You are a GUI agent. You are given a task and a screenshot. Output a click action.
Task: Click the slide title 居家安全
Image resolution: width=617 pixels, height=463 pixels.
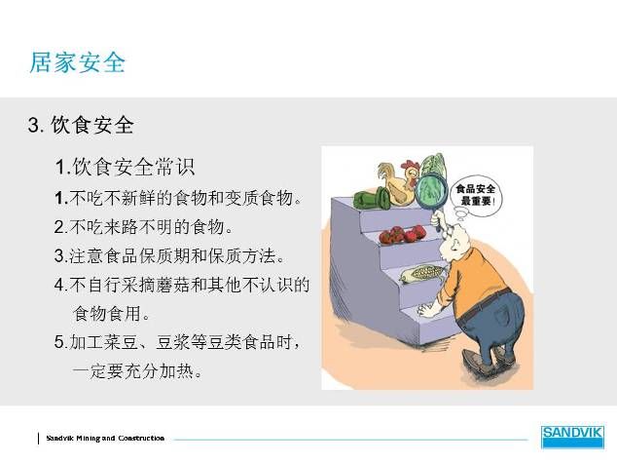(x=78, y=62)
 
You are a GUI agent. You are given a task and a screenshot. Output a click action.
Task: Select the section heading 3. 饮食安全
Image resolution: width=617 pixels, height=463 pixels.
(x=81, y=125)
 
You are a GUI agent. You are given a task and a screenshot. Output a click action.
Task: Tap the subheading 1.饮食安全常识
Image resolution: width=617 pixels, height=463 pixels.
(x=125, y=167)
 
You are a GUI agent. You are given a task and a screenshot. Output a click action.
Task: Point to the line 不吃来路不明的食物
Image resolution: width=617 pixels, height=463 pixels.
(x=143, y=227)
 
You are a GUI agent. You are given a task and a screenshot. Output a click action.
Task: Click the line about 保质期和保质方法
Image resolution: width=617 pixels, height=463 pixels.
(x=169, y=255)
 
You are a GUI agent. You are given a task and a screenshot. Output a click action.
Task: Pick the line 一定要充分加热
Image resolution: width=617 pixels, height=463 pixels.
(x=137, y=370)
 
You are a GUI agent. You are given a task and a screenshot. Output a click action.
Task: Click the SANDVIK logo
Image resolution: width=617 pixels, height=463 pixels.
(x=572, y=437)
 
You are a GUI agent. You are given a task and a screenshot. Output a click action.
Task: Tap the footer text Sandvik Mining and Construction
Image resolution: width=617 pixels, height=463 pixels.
(x=105, y=439)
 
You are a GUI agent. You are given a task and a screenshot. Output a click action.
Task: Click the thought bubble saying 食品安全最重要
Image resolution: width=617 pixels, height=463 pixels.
(x=475, y=197)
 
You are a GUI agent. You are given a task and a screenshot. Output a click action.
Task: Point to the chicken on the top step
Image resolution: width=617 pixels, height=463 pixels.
(x=398, y=182)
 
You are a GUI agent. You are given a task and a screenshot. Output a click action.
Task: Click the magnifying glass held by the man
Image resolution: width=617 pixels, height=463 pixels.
(x=431, y=190)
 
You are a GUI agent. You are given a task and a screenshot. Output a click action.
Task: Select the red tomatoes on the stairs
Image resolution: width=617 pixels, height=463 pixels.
(x=402, y=234)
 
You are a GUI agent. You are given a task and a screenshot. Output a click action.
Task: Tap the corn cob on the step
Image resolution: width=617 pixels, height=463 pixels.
(x=421, y=274)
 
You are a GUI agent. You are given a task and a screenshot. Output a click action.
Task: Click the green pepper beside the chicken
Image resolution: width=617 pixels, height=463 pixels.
(x=372, y=198)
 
